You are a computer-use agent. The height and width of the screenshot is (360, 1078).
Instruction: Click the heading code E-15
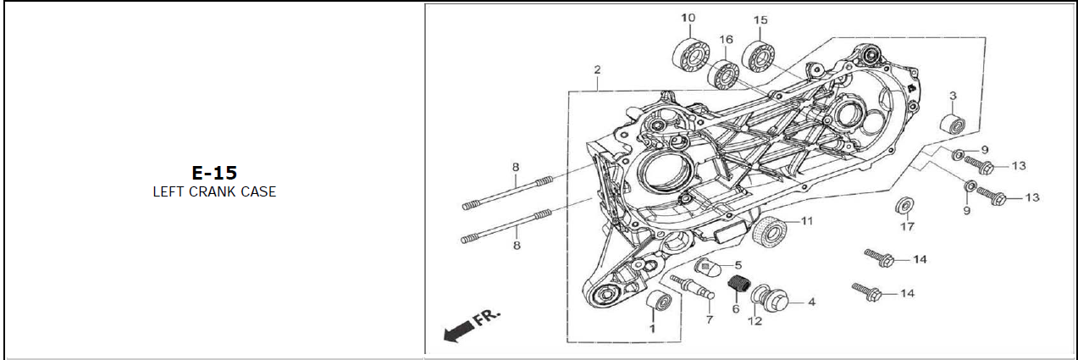pos(213,173)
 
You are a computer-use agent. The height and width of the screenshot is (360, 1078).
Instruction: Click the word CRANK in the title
pos(214,192)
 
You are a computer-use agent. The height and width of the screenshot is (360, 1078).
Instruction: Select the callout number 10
pos(688,19)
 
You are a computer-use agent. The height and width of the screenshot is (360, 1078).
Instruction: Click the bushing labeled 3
pos(953,125)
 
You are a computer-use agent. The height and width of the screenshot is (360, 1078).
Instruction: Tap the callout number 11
pos(806,222)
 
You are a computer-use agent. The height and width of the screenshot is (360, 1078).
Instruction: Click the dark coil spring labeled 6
pos(739,287)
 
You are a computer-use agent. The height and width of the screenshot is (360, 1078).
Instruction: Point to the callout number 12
pos(755,321)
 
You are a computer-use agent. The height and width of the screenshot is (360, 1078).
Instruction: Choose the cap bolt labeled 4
pos(780,300)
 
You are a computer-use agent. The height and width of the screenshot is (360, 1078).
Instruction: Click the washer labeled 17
pos(905,206)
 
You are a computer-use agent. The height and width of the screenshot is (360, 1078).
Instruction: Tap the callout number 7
pos(710,320)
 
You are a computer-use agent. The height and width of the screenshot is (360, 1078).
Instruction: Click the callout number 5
pos(738,266)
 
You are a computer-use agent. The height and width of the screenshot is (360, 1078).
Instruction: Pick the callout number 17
pos(907,227)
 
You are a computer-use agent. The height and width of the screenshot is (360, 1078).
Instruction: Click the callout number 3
pos(953,96)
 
